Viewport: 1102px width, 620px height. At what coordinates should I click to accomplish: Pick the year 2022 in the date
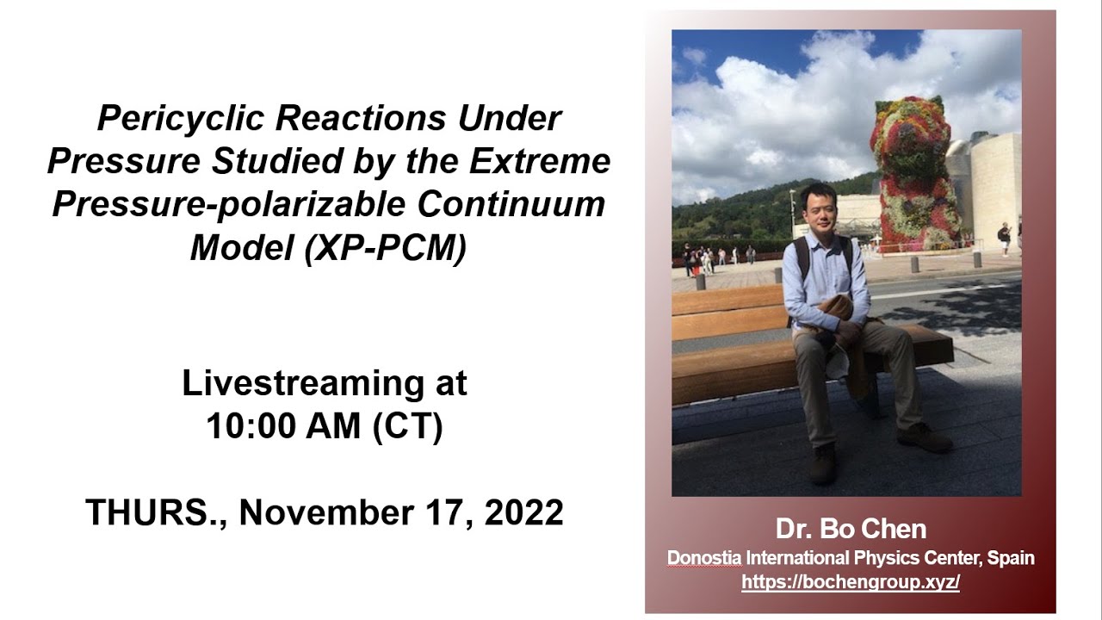523,512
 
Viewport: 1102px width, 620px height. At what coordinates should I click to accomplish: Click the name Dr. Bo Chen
850,529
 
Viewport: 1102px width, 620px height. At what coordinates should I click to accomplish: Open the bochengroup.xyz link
850,582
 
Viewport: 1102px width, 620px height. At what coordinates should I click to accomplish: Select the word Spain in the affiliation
1011,558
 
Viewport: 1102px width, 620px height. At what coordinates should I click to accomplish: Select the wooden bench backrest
727,314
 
